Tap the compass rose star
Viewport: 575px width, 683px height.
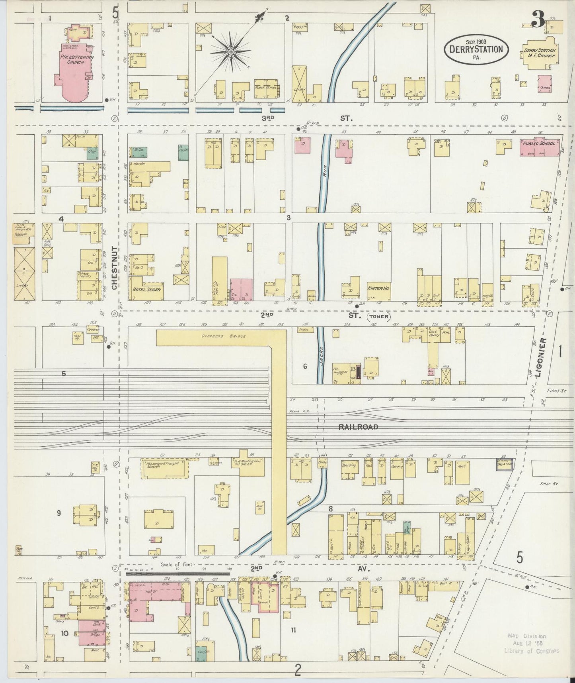[230, 51]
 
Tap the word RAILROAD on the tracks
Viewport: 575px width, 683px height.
[358, 427]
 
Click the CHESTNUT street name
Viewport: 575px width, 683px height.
[114, 268]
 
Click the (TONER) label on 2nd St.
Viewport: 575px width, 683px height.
[379, 316]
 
